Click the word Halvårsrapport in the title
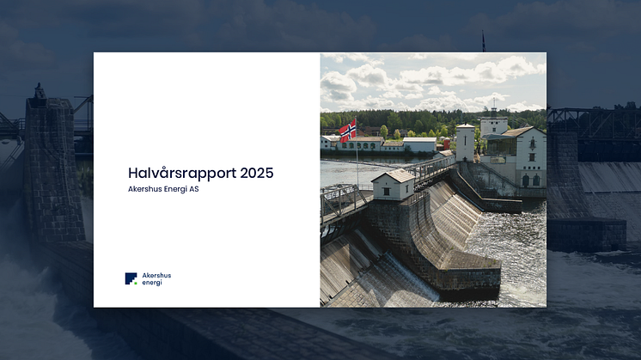[182, 174]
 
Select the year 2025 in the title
[257, 173]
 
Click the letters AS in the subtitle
[194, 189]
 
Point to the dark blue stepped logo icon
[131, 278]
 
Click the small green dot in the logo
[136, 283]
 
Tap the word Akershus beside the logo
[156, 276]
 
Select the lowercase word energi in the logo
[152, 283]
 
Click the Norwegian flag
[347, 131]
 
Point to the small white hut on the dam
[393, 184]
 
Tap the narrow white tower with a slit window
[465, 143]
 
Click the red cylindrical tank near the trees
[447, 143]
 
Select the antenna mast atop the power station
[494, 107]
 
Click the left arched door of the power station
[526, 181]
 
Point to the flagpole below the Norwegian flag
[357, 163]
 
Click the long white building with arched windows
[359, 143]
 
